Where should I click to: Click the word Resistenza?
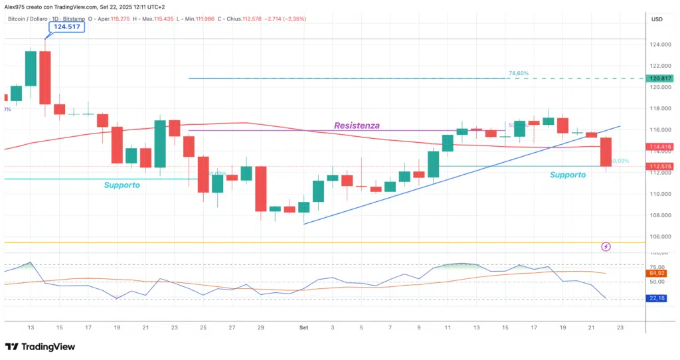pos(357,125)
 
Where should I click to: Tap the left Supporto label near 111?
pos(122,185)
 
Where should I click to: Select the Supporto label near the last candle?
pos(568,175)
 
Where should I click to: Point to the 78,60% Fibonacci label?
pos(519,73)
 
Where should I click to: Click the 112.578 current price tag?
pos(661,166)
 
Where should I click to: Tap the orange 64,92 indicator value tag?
pos(657,272)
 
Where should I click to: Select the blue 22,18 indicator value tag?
pos(657,298)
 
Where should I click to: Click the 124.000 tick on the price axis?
pos(661,45)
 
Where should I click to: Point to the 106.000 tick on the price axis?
pos(661,236)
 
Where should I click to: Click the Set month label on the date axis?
pos(303,327)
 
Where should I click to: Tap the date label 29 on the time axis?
pos(260,327)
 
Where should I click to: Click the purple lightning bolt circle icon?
pos(606,247)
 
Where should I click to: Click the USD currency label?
pos(657,19)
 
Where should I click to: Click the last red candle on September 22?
pos(606,152)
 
